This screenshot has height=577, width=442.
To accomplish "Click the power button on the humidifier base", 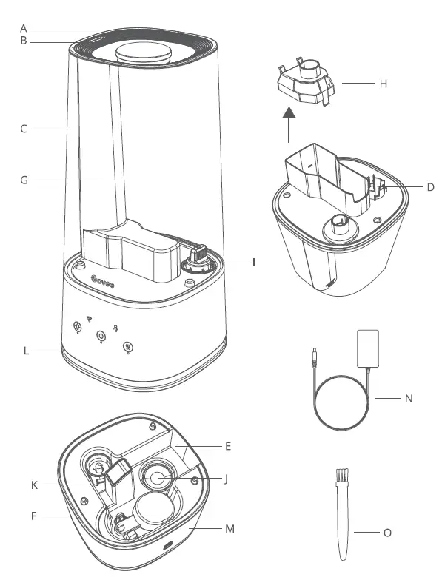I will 102,335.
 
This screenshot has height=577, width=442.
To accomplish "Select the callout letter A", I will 24,27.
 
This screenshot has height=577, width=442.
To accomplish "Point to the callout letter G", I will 24,179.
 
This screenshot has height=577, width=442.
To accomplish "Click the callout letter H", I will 383,84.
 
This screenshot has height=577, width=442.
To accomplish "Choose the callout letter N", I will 408,398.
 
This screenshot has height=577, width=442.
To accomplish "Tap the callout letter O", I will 409,531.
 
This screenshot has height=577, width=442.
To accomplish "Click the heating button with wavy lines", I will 127,345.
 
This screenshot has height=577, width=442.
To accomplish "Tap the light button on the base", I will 76,328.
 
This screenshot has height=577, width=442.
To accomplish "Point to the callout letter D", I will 430,186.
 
